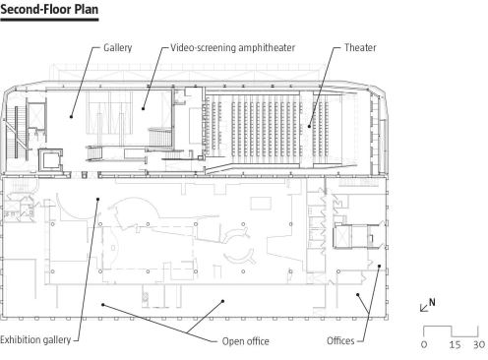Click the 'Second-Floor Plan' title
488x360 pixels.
coord(49,9)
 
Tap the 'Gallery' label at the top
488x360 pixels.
coord(118,48)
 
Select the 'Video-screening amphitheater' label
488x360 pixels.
coord(233,48)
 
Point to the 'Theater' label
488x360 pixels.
coord(360,48)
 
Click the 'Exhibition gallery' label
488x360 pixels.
coord(35,339)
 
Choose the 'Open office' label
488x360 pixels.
coord(246,341)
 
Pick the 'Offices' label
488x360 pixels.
coord(340,340)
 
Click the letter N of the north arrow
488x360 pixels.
coord(432,302)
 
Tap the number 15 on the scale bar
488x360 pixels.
coord(455,345)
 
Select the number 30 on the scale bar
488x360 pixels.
coord(479,345)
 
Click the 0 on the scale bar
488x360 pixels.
coord(424,345)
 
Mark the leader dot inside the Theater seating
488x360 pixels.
coord(309,126)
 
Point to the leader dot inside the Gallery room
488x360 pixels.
coord(71,116)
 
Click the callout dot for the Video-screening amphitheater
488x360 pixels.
coord(143,108)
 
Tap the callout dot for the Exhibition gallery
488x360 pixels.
coord(97,199)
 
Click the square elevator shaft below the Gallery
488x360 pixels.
coord(50,159)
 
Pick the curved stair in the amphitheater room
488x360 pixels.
coord(160,137)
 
